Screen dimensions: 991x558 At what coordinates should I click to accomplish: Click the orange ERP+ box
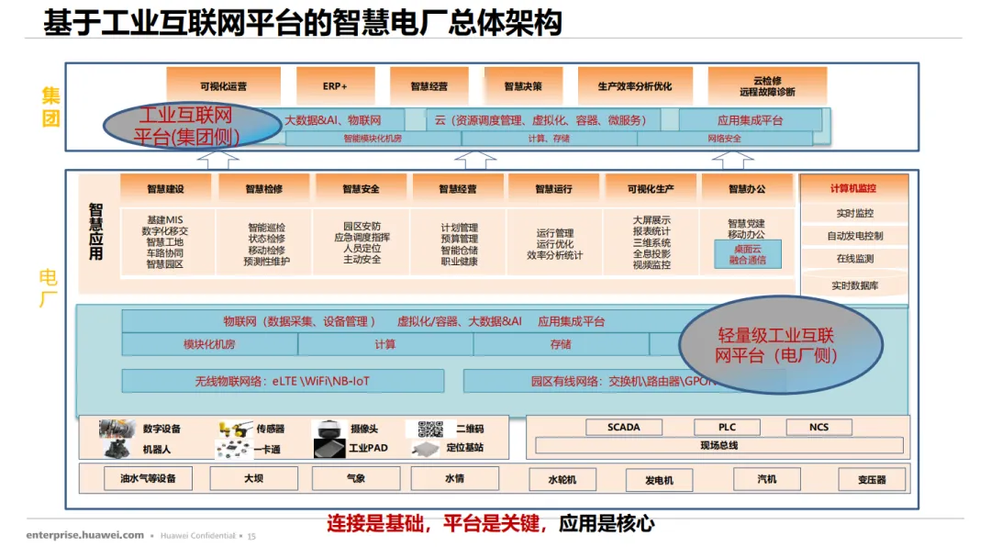(x=335, y=86)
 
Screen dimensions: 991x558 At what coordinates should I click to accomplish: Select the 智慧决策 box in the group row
(x=523, y=86)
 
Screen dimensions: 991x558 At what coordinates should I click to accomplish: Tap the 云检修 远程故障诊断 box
(x=767, y=85)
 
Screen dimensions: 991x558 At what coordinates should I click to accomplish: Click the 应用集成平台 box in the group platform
(x=750, y=120)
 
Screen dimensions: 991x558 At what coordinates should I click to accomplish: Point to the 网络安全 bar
(x=724, y=139)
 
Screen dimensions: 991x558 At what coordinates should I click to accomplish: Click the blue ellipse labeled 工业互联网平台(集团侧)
(x=185, y=126)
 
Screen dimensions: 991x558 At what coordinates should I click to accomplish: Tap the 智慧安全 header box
(x=361, y=189)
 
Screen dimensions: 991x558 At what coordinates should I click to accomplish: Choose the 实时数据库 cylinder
(x=854, y=285)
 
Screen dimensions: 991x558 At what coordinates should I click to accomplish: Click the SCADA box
(x=624, y=428)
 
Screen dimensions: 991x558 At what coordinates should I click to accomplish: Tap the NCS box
(x=818, y=428)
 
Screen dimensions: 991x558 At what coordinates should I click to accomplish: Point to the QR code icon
(x=430, y=429)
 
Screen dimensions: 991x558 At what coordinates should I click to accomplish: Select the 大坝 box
(x=254, y=478)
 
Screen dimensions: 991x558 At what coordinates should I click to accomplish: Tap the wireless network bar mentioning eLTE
(x=283, y=381)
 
